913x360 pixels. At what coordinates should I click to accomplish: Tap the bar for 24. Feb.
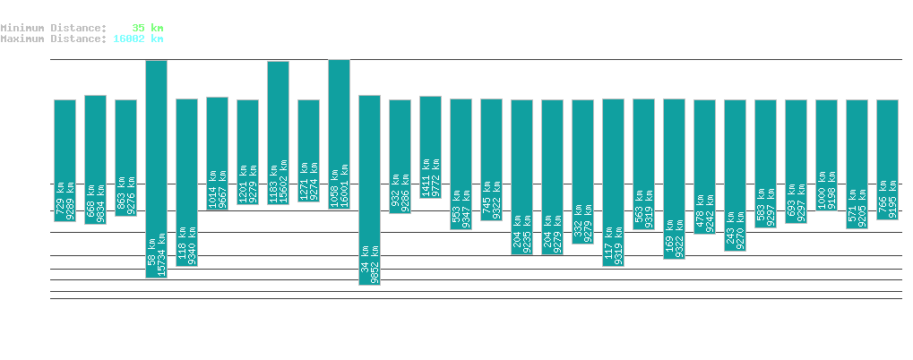(339, 134)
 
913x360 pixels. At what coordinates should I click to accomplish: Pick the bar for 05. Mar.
(613, 183)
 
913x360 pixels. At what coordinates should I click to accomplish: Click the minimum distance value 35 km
(148, 28)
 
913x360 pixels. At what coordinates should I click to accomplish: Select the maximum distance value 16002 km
(138, 39)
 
